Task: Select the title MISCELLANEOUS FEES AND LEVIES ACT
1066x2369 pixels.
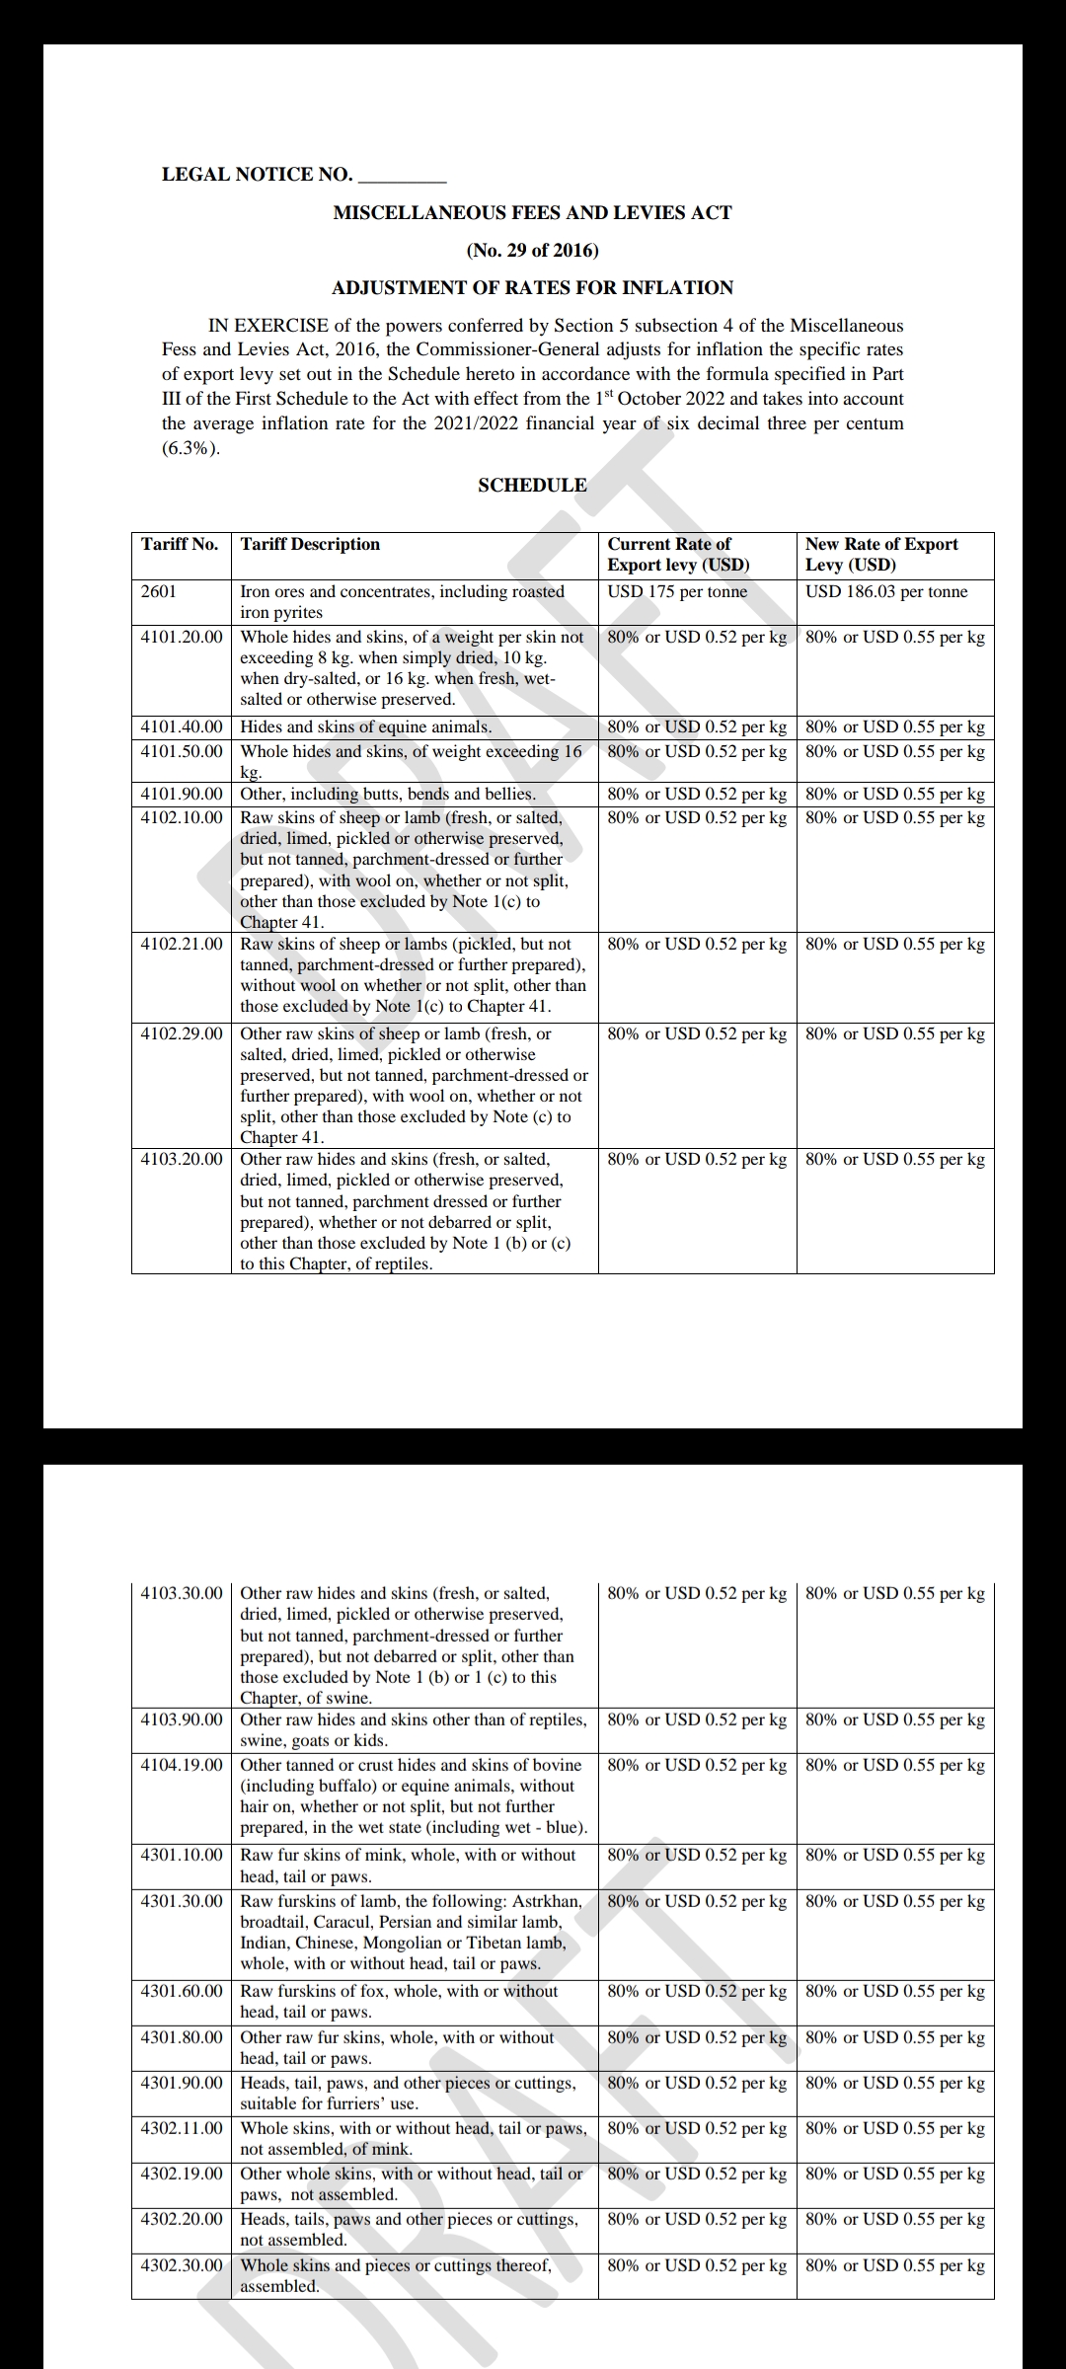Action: pos(532,212)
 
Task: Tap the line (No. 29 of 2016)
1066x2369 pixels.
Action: pos(532,250)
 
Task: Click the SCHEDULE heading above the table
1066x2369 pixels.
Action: pos(532,485)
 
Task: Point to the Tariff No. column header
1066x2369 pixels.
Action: pos(179,544)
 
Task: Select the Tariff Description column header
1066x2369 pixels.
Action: pos(310,544)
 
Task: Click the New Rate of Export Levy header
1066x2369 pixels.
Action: pos(881,554)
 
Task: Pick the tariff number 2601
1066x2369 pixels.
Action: pos(159,591)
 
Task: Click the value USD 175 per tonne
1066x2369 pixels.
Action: pos(677,591)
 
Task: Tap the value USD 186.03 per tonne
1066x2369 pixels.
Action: pos(886,591)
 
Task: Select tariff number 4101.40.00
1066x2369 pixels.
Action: pos(182,726)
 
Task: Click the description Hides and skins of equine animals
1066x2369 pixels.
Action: pos(365,726)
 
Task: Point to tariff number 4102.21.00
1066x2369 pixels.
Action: pos(182,944)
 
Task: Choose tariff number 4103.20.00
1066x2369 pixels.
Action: pos(182,1159)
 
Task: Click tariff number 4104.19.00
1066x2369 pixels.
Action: pos(182,1765)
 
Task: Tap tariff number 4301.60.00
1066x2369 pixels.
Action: pos(182,1991)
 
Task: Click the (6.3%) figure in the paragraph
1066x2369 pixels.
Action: pos(190,448)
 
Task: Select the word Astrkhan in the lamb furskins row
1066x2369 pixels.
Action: pos(547,1901)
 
